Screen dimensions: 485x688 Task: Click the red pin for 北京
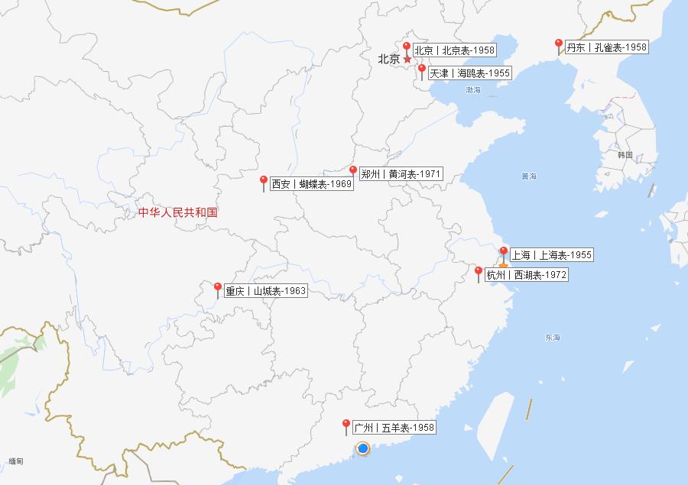(x=407, y=47)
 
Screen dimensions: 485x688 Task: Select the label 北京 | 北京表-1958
(x=455, y=50)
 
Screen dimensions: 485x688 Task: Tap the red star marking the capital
(x=407, y=60)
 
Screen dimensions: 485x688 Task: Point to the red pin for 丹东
(x=559, y=44)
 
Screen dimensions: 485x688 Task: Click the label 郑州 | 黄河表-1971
(x=401, y=174)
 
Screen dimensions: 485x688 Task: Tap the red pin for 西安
(x=264, y=181)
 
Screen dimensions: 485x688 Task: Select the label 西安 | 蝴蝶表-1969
(x=312, y=184)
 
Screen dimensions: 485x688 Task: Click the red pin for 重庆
(x=218, y=288)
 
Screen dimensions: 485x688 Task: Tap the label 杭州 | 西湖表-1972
(x=527, y=275)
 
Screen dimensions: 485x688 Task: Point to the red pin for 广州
(x=346, y=425)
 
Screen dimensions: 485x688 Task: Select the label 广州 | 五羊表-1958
(x=394, y=428)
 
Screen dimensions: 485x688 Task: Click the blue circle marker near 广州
(x=363, y=448)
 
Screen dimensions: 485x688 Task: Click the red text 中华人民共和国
(x=178, y=212)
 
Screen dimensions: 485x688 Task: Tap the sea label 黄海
(x=529, y=176)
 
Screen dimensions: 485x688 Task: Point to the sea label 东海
(x=553, y=338)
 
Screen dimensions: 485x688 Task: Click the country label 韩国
(x=625, y=155)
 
